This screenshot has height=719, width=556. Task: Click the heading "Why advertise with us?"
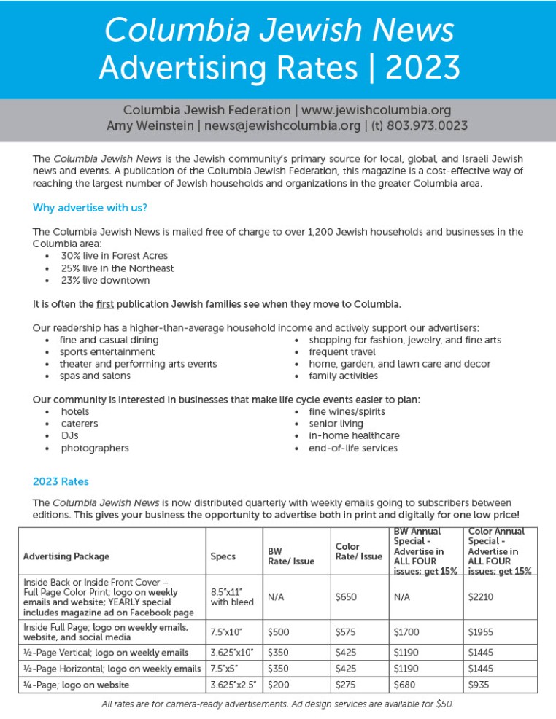[x=90, y=208]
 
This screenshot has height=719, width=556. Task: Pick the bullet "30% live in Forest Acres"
[x=114, y=256]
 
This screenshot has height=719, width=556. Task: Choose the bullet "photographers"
[x=95, y=448]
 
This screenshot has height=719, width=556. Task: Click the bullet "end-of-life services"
[x=353, y=448]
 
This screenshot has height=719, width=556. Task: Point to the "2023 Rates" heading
[x=61, y=481]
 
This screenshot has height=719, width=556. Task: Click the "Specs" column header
[x=223, y=556]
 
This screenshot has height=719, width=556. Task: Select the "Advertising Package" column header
[x=66, y=556]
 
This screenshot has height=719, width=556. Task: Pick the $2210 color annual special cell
[x=479, y=597]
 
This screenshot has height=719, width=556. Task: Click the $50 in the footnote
[x=444, y=704]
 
